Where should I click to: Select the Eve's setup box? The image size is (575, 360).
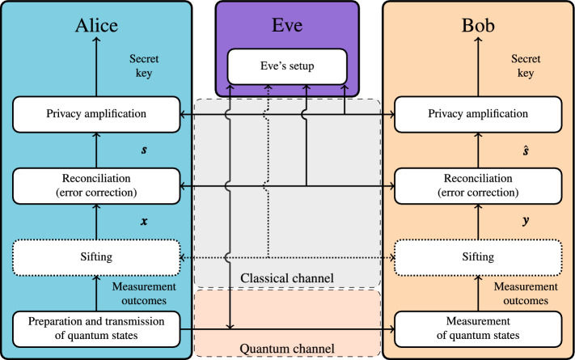point(287,66)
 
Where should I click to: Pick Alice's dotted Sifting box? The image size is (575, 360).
point(95,257)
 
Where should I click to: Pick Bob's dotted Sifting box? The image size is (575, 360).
point(479,257)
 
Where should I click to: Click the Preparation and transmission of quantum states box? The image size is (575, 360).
point(95,328)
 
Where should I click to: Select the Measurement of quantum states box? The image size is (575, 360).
point(479,328)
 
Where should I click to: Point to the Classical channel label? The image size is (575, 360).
point(287,279)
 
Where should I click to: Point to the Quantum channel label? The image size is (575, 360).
point(287,349)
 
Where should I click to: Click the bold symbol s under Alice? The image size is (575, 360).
point(120,152)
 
